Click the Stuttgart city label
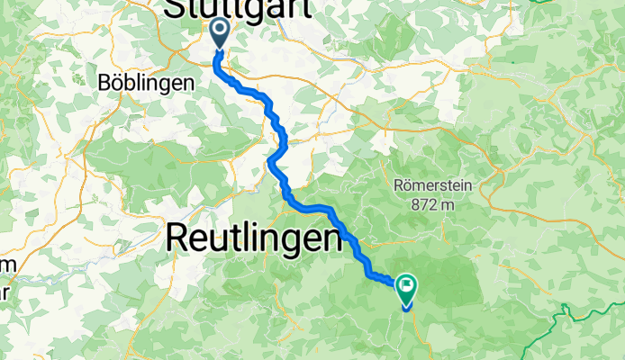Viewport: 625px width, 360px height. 239,9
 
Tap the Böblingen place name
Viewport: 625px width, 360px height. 145,82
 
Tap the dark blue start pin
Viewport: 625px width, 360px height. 220,35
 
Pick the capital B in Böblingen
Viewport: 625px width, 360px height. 102,82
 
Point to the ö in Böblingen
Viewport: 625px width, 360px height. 113,82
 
